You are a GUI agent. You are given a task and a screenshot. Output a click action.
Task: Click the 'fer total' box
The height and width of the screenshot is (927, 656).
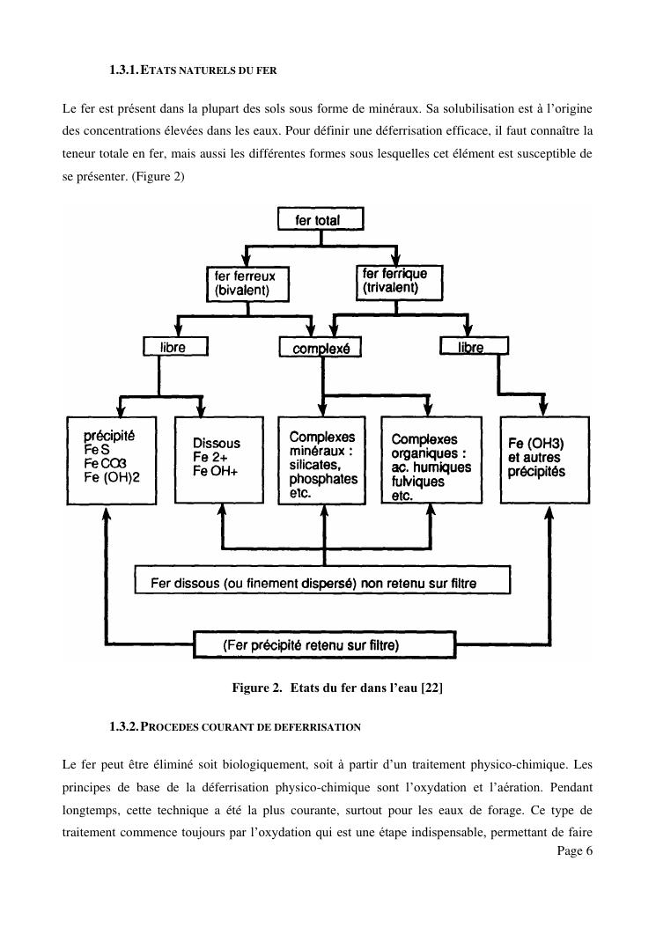(321, 219)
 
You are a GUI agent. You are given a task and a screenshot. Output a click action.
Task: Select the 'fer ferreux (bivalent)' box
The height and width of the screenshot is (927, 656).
(247, 283)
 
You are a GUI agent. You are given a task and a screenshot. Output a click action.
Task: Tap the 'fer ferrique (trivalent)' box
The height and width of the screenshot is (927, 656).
(397, 281)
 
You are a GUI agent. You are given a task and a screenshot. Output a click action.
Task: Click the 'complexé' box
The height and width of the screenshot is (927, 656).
(321, 349)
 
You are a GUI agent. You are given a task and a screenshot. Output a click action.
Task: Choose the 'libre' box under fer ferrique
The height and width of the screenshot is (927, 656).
(472, 348)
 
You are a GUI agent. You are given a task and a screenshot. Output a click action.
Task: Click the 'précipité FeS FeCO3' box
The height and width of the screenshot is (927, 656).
(112, 460)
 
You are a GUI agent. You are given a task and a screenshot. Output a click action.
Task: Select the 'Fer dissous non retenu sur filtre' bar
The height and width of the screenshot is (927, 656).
(322, 581)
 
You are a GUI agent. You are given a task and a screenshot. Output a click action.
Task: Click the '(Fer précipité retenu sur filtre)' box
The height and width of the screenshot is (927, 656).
(323, 645)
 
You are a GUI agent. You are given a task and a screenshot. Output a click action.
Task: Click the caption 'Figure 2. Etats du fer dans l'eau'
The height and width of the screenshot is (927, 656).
(335, 687)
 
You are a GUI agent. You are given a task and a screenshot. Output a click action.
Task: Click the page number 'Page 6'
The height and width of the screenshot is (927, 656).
(575, 850)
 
